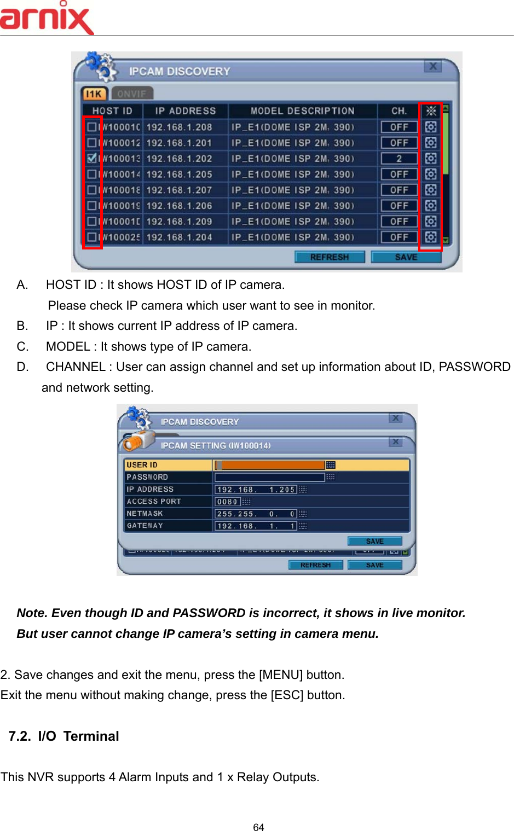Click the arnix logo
[x=47, y=19]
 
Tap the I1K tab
[x=94, y=94]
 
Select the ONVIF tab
[x=132, y=94]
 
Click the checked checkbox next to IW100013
[x=92, y=158]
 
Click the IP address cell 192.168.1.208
[x=179, y=127]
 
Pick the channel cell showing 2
[x=399, y=159]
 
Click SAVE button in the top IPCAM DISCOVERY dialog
[x=406, y=257]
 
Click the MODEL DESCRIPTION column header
[x=302, y=111]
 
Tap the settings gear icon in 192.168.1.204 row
[x=431, y=237]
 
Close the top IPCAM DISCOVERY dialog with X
[x=432, y=67]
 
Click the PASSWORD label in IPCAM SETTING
[x=147, y=477]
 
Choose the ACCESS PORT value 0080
[x=227, y=502]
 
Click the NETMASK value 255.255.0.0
[x=256, y=514]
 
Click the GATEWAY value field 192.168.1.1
[x=256, y=526]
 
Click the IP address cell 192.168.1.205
[x=179, y=175]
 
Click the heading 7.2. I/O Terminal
[x=64, y=736]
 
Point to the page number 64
[x=258, y=827]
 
